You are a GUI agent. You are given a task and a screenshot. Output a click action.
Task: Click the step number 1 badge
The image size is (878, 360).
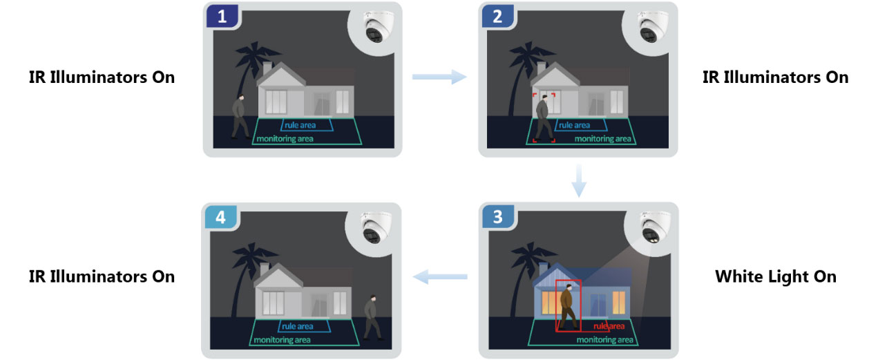(x=222, y=17)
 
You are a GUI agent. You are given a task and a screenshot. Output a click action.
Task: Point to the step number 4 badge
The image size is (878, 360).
(x=220, y=217)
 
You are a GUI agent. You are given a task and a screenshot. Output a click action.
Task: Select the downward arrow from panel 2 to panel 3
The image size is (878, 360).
(x=580, y=180)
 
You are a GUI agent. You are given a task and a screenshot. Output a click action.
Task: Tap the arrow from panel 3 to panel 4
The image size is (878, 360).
(x=439, y=277)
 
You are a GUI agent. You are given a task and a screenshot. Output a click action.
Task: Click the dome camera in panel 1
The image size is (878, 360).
(x=376, y=30)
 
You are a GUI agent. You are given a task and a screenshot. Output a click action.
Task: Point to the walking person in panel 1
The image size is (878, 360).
(x=240, y=117)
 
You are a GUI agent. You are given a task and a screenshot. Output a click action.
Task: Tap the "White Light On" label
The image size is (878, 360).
(x=775, y=277)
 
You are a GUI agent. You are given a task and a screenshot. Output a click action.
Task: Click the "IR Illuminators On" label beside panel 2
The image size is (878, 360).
(x=775, y=77)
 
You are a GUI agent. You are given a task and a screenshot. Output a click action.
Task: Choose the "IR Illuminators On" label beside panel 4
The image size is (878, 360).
(x=102, y=277)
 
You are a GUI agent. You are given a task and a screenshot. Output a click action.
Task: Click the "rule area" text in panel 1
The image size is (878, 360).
(x=298, y=126)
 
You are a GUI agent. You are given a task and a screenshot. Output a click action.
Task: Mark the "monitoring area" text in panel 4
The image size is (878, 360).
(x=282, y=339)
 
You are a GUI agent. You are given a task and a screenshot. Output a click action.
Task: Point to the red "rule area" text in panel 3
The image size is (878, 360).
(x=609, y=326)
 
